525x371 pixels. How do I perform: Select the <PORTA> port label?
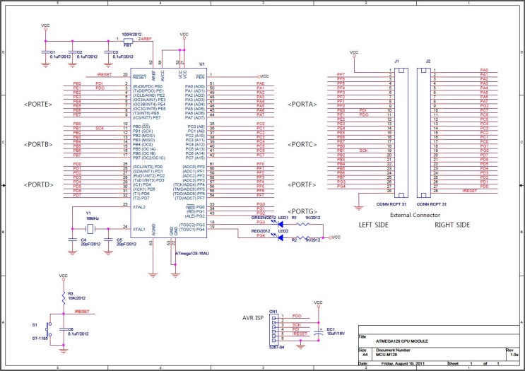click(302, 104)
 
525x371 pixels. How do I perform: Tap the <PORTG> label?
click(302, 211)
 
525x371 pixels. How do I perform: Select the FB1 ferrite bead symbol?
click(128, 40)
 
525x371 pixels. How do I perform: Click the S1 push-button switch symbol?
click(49, 329)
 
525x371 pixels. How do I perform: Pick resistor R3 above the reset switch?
click(63, 295)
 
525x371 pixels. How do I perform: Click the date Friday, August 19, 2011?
click(402, 364)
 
